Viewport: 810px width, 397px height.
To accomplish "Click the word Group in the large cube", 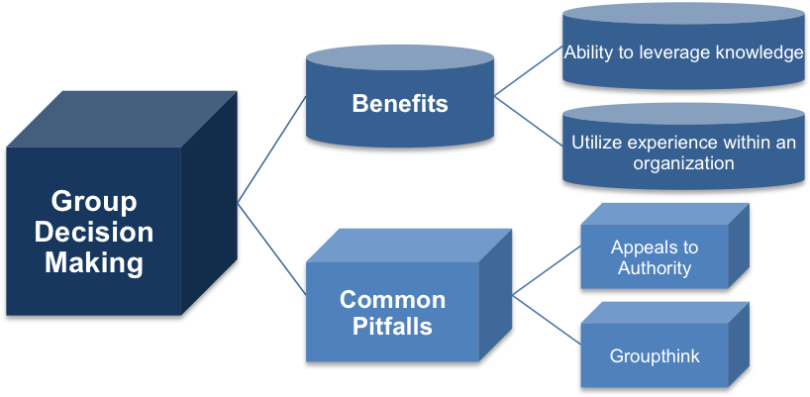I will tap(93, 203).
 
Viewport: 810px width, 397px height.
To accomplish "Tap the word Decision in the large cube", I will tap(93, 234).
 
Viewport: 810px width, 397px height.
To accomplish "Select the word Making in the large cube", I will tap(93, 263).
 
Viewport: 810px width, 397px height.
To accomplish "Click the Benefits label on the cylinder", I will tap(400, 104).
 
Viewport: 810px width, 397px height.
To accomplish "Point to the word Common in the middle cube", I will tap(392, 299).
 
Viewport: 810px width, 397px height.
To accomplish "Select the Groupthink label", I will tap(655, 355).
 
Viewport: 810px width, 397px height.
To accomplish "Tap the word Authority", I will tap(655, 267).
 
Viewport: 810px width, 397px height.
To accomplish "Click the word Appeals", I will tap(655, 248).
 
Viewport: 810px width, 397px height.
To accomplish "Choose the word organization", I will tap(683, 162).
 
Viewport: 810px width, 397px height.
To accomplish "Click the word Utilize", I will tap(598, 143).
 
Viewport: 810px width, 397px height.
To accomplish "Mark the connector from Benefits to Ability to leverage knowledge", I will tap(528, 71).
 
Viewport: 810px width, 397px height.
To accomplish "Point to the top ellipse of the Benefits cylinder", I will tap(400, 57).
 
